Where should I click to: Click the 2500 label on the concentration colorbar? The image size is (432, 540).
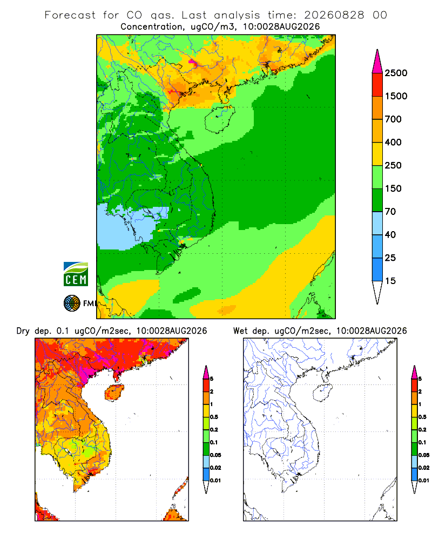[396, 73]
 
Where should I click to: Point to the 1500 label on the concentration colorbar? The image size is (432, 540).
[396, 96]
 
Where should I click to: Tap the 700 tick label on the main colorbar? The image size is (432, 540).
[393, 119]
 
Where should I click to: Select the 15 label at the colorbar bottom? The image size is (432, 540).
[390, 281]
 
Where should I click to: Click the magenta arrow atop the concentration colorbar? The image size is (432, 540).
[377, 62]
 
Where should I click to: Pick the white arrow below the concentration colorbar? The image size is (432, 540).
[377, 292]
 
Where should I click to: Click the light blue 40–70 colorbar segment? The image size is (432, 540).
[377, 223]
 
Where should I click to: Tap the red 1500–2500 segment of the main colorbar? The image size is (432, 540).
[377, 85]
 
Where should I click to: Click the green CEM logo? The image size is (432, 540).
[76, 274]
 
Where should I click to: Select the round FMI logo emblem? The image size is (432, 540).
[72, 303]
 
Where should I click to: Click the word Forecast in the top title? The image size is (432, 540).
[70, 15]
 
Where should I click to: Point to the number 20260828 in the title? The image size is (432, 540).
[334, 15]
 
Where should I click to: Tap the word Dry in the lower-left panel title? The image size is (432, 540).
[23, 332]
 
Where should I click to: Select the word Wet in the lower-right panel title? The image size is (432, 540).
[240, 331]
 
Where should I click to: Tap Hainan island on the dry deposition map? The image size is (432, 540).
[114, 393]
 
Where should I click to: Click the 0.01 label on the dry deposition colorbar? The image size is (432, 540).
[215, 481]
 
